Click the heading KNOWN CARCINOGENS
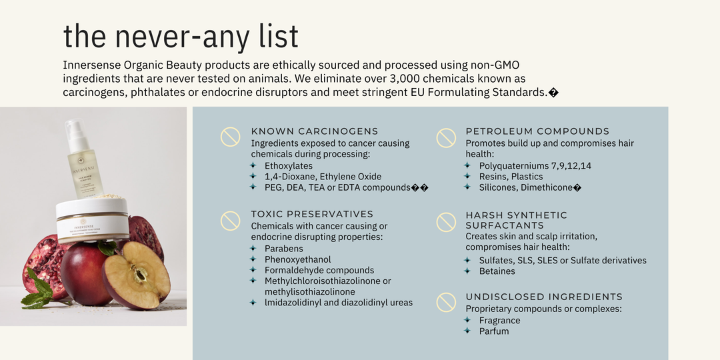pyautogui.click(x=315, y=131)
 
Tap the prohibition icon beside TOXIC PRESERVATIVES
pyautogui.click(x=230, y=221)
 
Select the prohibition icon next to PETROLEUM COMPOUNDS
pyautogui.click(x=446, y=138)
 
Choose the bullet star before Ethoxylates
pyautogui.click(x=253, y=165)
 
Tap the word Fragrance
pyautogui.click(x=499, y=321)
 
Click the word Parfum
pyautogui.click(x=494, y=331)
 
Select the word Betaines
pyautogui.click(x=497, y=271)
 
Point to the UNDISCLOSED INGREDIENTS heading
pyautogui.click(x=544, y=297)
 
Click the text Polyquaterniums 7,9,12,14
pyautogui.click(x=535, y=166)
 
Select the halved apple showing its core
pyautogui.click(x=137, y=275)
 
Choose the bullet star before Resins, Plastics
pyautogui.click(x=467, y=176)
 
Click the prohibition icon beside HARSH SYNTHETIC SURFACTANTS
pyautogui.click(x=446, y=222)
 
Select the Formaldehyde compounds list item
pyautogui.click(x=319, y=271)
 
